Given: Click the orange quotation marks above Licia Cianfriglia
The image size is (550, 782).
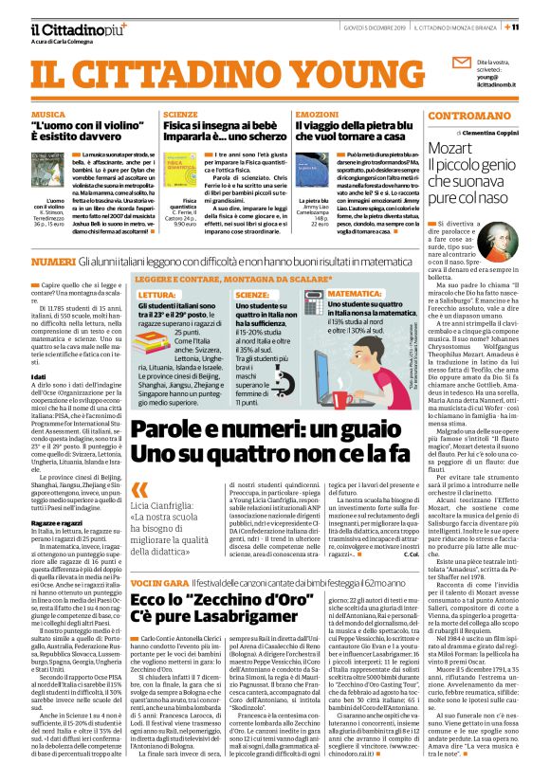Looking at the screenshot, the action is pyautogui.click(x=141, y=490).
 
